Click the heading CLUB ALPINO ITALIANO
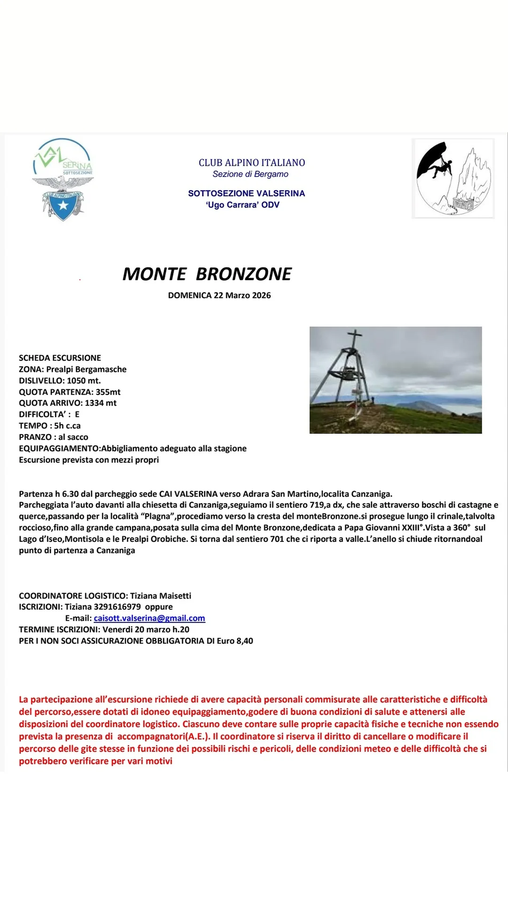(x=252, y=163)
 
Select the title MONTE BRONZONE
(x=207, y=274)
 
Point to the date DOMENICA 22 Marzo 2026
(x=219, y=295)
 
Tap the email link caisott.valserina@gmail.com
(x=149, y=618)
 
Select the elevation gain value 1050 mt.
(x=84, y=380)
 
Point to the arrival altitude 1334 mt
(x=101, y=403)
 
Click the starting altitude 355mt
(x=108, y=392)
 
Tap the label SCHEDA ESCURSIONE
(x=60, y=358)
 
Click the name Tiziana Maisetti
(x=160, y=596)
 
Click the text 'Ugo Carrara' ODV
(x=243, y=205)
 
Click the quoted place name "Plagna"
(x=158, y=517)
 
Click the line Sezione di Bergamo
(x=250, y=174)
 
